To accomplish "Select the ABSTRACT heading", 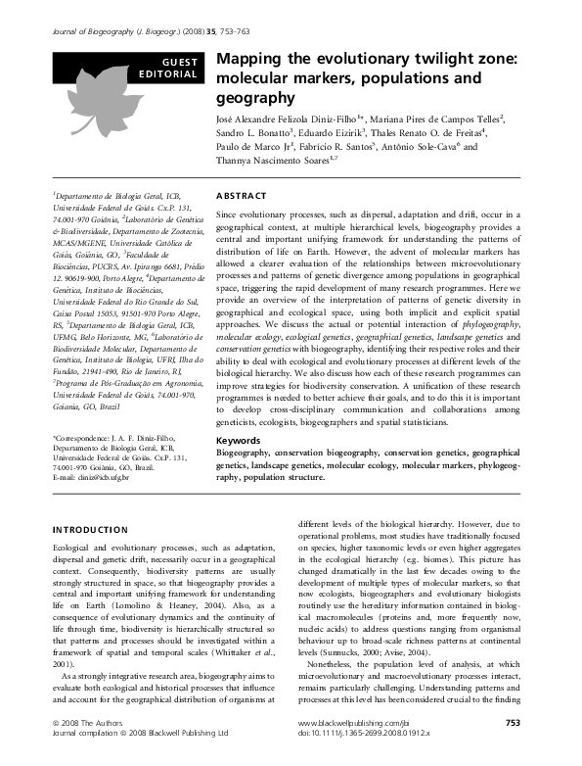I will pyautogui.click(x=240, y=196).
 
